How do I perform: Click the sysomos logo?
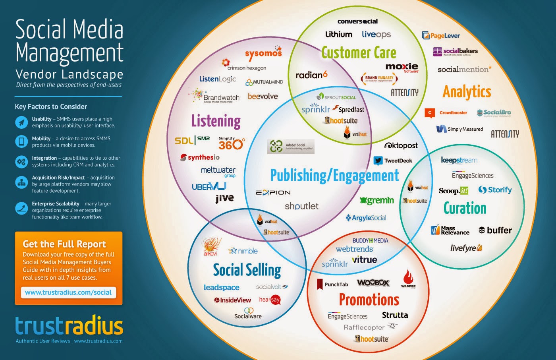click(x=263, y=54)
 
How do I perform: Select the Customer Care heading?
click(x=359, y=52)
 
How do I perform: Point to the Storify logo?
click(x=495, y=190)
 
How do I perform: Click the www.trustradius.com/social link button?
click(x=68, y=292)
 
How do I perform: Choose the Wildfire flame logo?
click(x=408, y=279)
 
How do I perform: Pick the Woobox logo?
click(x=373, y=283)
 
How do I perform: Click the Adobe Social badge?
click(x=291, y=146)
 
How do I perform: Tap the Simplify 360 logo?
click(x=231, y=143)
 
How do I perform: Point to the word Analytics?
click(x=467, y=92)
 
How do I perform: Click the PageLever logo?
click(x=441, y=35)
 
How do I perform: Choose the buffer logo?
click(x=495, y=230)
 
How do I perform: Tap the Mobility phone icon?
click(x=21, y=141)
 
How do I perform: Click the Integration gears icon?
click(x=21, y=161)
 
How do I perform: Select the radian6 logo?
click(x=311, y=75)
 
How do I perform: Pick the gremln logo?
click(x=377, y=201)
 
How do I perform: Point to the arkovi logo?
click(x=210, y=246)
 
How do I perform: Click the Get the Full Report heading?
click(x=64, y=244)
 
